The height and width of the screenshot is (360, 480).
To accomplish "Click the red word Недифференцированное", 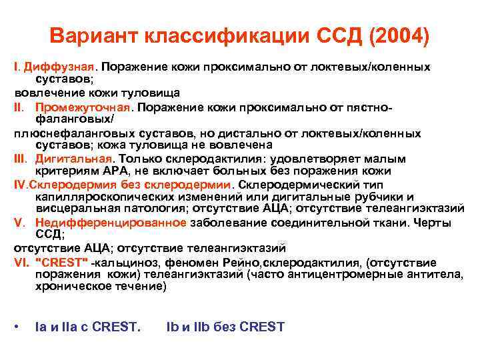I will (x=102, y=223).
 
